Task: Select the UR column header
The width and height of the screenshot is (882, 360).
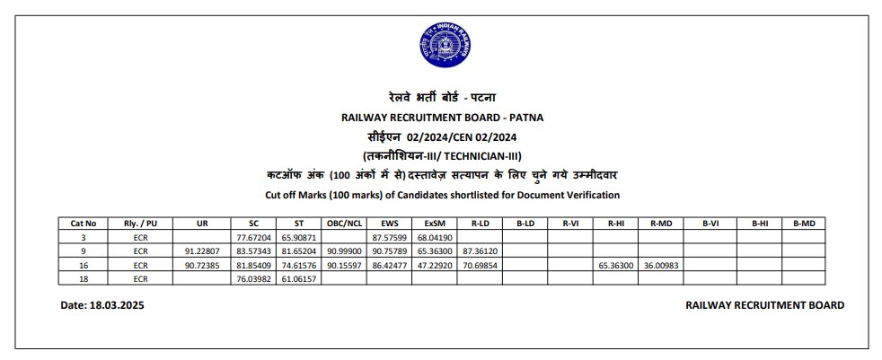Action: pos(200,224)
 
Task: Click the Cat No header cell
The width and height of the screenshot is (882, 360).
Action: pos(83,224)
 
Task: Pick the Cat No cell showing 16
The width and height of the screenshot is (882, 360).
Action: pos(83,266)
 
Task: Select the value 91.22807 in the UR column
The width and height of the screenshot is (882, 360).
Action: pos(201,251)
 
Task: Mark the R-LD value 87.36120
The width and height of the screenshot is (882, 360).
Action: pos(479,251)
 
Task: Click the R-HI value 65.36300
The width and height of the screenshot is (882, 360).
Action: pos(615,266)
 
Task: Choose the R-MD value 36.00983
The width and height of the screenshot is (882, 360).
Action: pos(660,266)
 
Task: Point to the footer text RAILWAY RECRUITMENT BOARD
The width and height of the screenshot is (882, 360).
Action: pos(763,305)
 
